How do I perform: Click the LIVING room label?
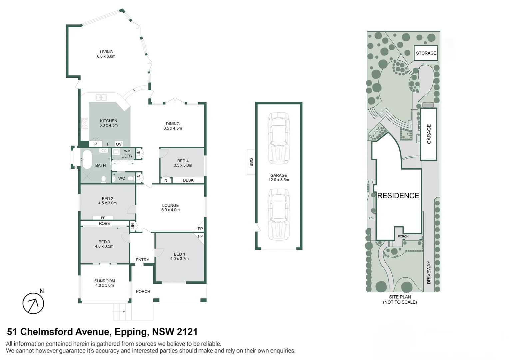click(106, 52)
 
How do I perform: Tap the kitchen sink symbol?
click(101, 97)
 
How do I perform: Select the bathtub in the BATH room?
click(87, 160)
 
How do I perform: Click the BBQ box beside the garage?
click(251, 162)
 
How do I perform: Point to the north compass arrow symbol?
click(33, 303)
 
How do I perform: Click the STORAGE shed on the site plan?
click(426, 53)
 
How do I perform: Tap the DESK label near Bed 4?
click(188, 180)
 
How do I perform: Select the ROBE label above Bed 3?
click(104, 224)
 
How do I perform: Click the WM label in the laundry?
click(127, 151)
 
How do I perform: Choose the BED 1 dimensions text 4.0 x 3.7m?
click(179, 259)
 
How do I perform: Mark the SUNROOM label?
click(105, 281)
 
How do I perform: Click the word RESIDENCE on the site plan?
click(398, 196)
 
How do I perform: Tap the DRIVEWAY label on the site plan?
click(429, 272)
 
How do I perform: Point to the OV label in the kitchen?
click(119, 144)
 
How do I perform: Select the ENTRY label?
click(142, 260)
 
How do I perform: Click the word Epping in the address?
click(131, 332)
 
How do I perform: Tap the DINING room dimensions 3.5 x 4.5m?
click(173, 128)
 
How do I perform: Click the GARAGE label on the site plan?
click(429, 134)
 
